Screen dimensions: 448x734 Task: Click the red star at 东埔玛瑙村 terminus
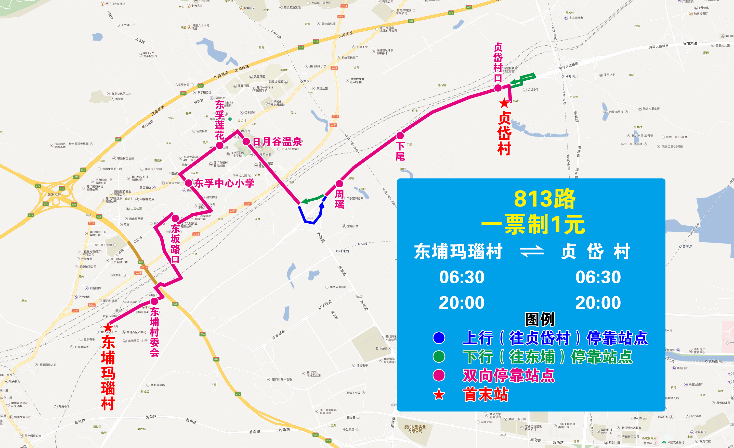tap(108, 328)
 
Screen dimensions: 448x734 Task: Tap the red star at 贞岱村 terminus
tap(504, 103)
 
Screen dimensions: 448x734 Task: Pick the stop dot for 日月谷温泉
tap(246, 141)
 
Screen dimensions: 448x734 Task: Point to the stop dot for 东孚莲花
tap(219, 145)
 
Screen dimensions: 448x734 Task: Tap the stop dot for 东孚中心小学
tap(188, 183)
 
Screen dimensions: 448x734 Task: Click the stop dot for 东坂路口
tap(175, 218)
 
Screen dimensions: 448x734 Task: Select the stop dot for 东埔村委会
tap(154, 301)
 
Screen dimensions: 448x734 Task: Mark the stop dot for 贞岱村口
tap(498, 88)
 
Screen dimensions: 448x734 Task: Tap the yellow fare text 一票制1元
tap(533, 224)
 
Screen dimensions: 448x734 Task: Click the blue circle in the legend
tap(439, 338)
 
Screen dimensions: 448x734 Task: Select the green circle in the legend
tap(439, 356)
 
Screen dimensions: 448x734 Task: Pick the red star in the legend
tap(439, 395)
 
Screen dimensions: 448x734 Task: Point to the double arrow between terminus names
tap(531, 251)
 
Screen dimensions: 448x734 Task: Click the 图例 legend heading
tap(540, 319)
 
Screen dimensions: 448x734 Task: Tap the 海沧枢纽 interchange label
tap(54, 195)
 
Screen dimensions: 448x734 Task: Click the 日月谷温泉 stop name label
tap(277, 141)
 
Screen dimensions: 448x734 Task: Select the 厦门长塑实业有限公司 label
tap(415, 429)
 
